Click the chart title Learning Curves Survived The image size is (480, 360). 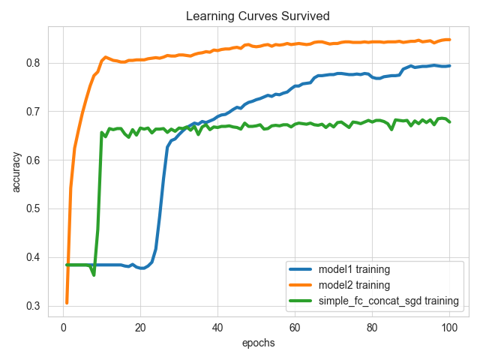click(x=258, y=16)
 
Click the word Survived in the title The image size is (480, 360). click(x=304, y=16)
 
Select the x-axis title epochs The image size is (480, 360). click(x=258, y=343)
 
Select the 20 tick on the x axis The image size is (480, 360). click(x=140, y=327)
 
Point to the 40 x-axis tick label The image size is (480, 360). click(x=217, y=327)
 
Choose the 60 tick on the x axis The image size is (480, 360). click(x=295, y=327)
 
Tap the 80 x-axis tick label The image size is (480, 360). click(x=372, y=327)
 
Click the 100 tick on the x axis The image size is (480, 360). click(x=449, y=327)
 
